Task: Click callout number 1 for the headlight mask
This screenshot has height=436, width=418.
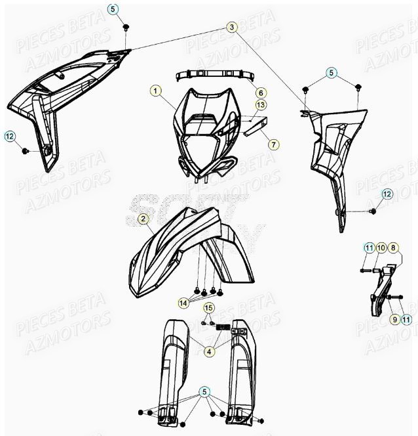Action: tap(155, 91)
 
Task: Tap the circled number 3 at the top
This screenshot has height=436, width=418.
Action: tap(232, 27)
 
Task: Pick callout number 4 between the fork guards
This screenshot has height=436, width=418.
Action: tap(208, 351)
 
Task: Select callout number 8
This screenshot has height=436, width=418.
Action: tap(393, 248)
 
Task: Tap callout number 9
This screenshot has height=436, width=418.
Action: tap(394, 318)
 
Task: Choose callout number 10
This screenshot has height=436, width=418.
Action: tap(381, 248)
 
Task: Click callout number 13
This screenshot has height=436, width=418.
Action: tap(260, 105)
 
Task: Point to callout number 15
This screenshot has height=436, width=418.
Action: tap(208, 308)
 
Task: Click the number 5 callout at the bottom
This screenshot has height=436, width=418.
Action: tap(205, 393)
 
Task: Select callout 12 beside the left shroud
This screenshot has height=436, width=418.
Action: tap(9, 136)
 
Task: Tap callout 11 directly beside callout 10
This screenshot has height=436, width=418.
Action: tap(370, 248)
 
